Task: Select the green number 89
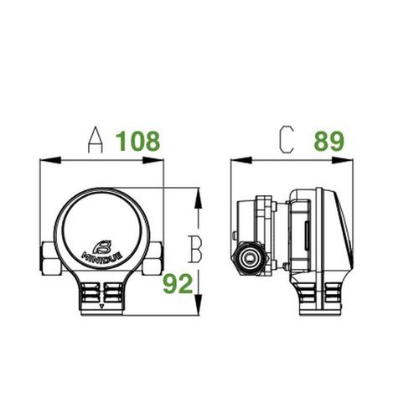[x=329, y=142]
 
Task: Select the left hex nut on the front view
[x=47, y=258]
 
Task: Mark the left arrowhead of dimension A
[x=44, y=159]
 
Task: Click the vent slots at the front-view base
[x=101, y=293]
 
